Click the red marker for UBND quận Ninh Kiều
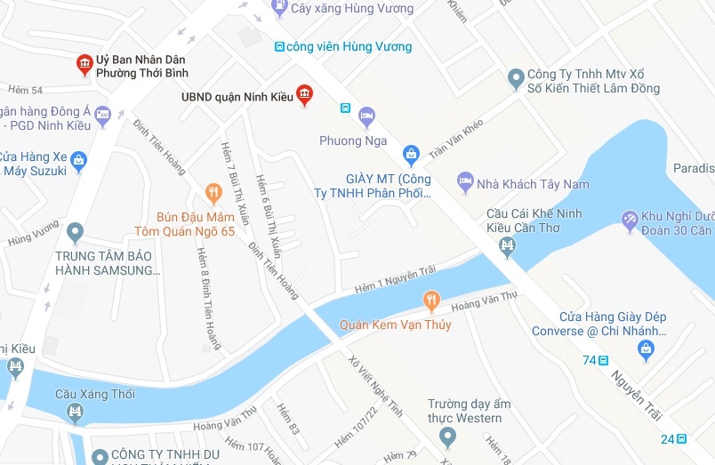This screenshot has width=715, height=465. [304, 94]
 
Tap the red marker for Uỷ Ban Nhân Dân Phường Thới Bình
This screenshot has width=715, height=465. [84, 64]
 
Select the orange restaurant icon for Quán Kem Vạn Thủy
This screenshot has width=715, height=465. [431, 301]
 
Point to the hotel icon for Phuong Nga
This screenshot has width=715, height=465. [367, 116]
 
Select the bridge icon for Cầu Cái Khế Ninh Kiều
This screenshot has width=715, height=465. [508, 247]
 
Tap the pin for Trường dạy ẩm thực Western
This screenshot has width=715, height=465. [447, 437]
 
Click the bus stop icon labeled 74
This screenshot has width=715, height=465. [604, 360]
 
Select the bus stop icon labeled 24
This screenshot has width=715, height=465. [681, 438]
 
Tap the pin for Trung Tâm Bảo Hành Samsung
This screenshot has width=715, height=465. [75, 234]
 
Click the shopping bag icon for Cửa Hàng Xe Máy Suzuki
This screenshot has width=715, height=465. [78, 161]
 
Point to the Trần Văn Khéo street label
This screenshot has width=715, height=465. [455, 140]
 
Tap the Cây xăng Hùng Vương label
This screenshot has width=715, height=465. [352, 9]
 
